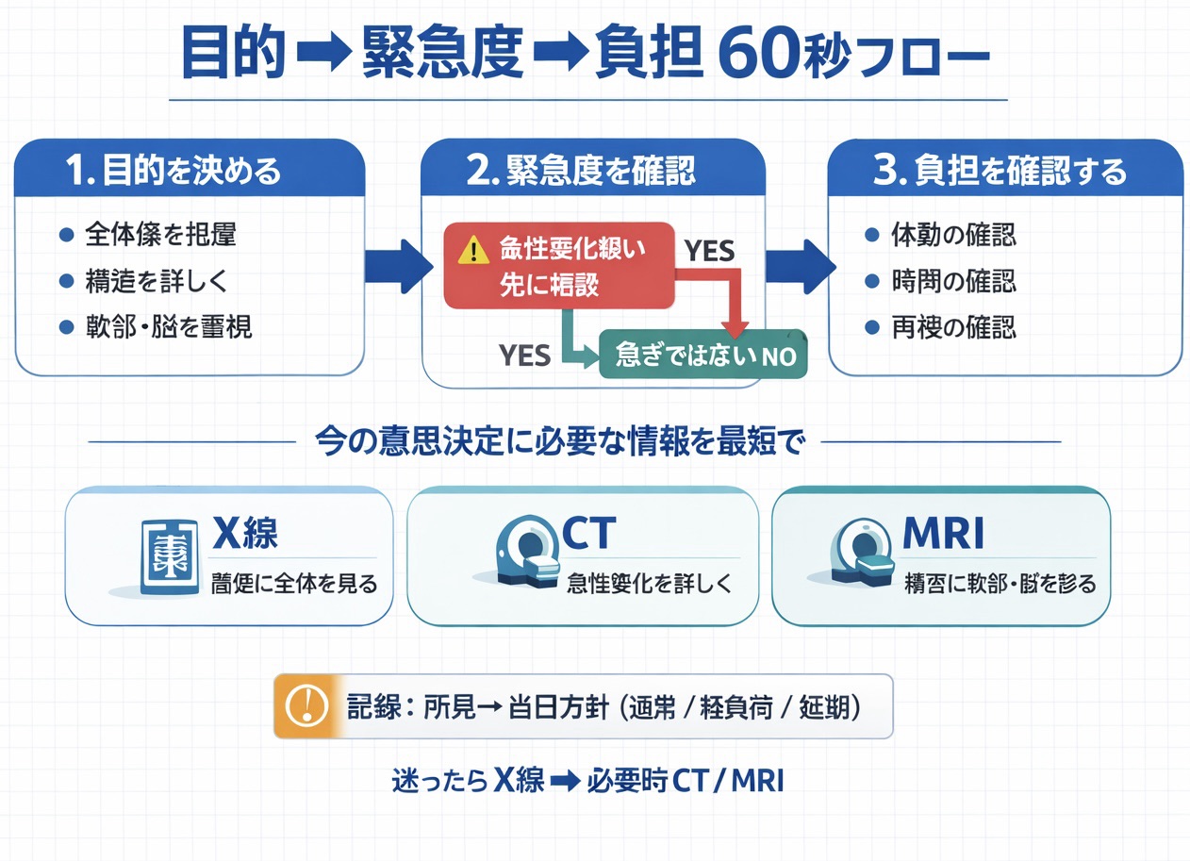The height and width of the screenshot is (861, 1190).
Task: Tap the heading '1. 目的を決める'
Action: click(174, 171)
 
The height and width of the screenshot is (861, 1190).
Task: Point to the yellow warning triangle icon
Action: click(469, 250)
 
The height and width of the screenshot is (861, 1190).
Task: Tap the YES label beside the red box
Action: click(709, 251)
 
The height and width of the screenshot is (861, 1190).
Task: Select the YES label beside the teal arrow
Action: click(524, 355)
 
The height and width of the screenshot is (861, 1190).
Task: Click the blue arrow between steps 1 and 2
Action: click(396, 265)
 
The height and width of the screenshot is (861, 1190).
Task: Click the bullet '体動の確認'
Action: click(953, 235)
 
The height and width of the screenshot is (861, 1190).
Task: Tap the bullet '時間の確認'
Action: click(953, 281)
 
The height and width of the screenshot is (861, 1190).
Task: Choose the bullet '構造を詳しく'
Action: click(155, 281)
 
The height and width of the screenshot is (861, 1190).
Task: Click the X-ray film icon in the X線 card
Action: click(169, 556)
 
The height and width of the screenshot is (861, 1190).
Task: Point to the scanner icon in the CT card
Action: click(526, 555)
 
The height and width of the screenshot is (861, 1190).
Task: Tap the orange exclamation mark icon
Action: click(304, 705)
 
